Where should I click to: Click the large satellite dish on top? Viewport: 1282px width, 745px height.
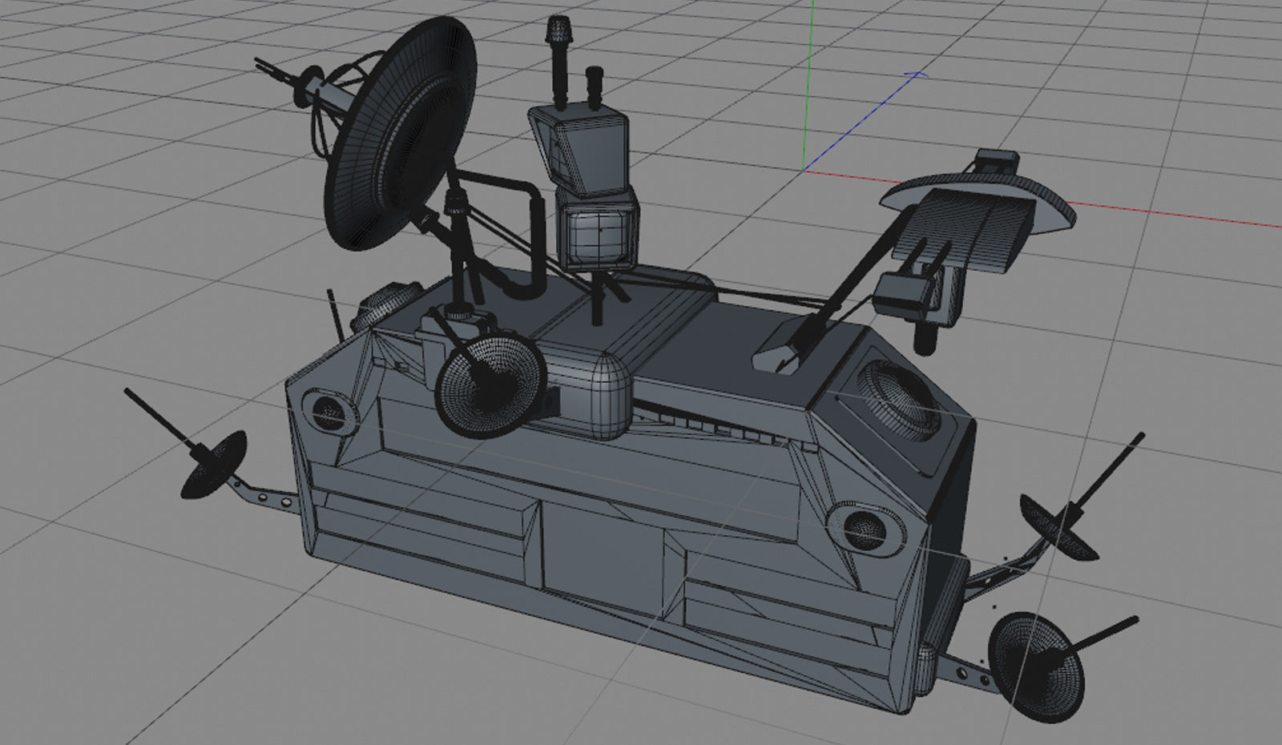click(x=401, y=136)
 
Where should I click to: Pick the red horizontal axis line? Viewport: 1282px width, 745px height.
click(x=1162, y=214)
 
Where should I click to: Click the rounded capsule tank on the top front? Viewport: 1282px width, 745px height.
click(x=597, y=393)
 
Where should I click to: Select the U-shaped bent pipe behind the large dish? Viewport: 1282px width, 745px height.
click(x=525, y=240)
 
